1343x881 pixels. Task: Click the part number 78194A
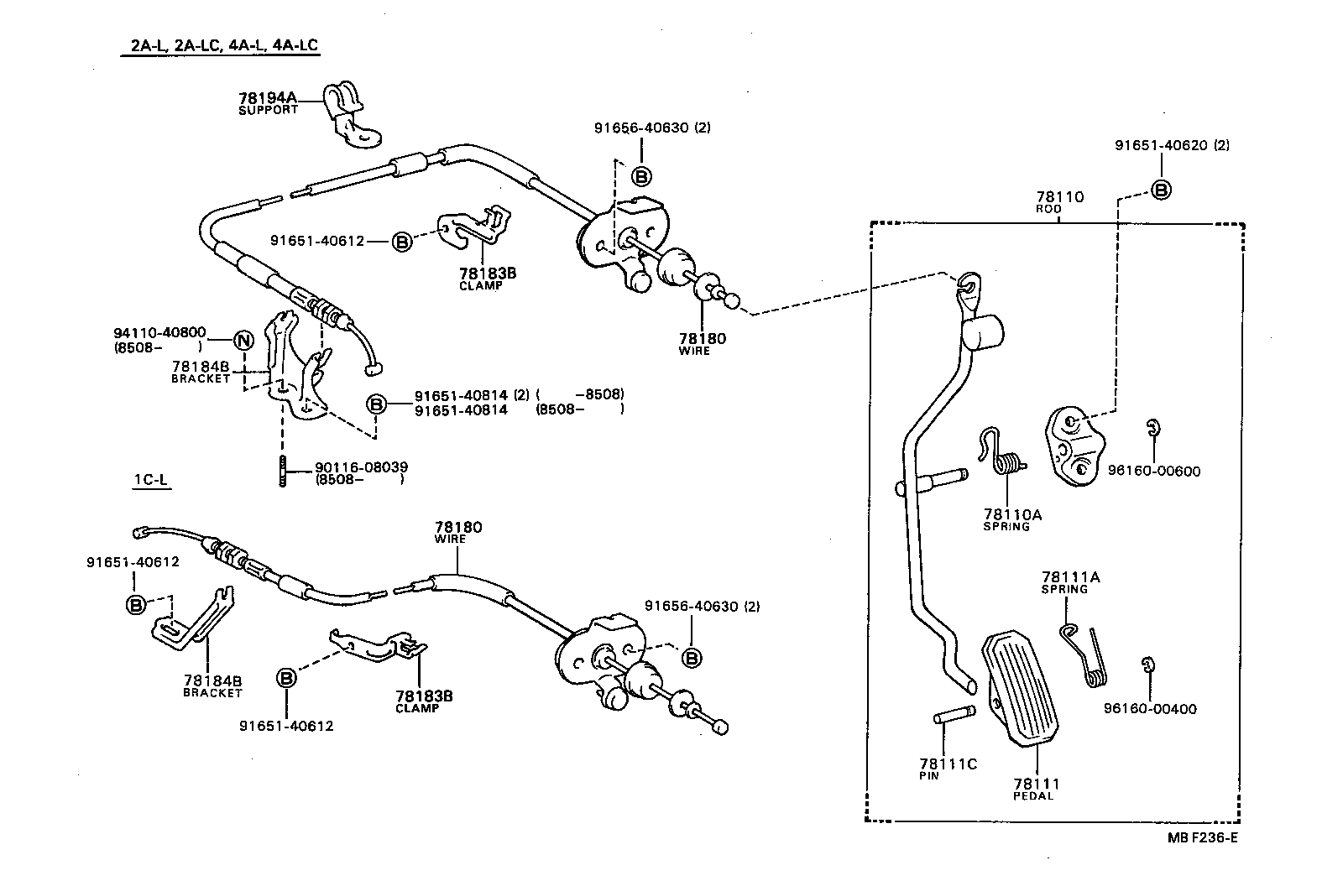click(268, 98)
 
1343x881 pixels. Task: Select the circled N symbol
click(242, 341)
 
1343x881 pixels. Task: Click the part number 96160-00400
click(1150, 709)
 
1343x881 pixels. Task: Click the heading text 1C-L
click(151, 480)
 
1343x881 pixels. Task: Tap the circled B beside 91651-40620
click(1160, 190)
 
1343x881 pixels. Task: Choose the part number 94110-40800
click(159, 332)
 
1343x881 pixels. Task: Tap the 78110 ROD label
click(1059, 202)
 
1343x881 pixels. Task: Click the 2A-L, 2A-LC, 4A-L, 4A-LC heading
click(223, 45)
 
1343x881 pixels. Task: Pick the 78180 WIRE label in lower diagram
click(458, 532)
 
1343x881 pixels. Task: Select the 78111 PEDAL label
click(1036, 789)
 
